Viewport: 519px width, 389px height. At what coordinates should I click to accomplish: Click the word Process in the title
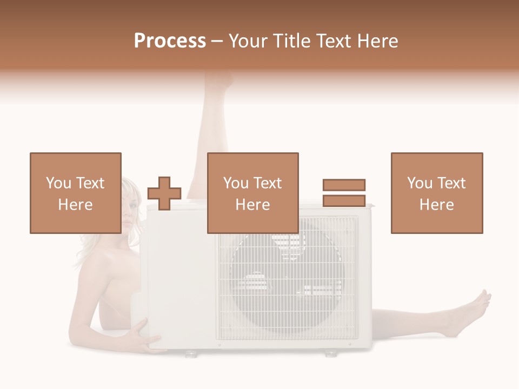[170, 41]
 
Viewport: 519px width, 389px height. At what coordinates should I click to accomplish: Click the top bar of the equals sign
[344, 185]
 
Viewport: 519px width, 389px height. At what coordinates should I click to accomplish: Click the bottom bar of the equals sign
[344, 200]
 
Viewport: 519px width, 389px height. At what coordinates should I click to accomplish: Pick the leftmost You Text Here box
[75, 193]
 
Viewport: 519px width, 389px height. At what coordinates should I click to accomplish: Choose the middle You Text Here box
[252, 193]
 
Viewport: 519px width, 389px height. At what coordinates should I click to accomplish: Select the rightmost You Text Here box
[436, 193]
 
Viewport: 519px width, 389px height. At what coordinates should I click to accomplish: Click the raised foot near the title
[219, 81]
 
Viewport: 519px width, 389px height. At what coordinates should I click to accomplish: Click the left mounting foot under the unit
[190, 354]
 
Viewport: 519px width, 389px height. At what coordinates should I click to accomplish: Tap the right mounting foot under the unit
[329, 353]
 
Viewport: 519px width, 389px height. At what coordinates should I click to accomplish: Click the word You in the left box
[58, 183]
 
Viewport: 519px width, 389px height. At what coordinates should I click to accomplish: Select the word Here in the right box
[436, 205]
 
